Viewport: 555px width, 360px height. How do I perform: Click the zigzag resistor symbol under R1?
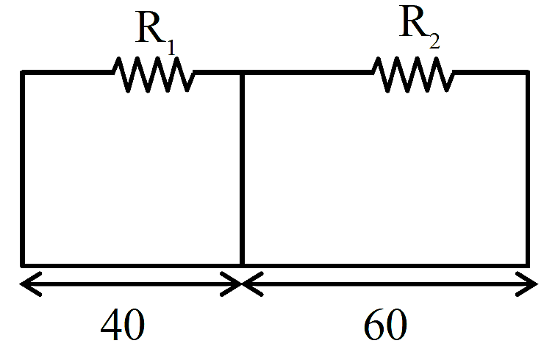coord(153,74)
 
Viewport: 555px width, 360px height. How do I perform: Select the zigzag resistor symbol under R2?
coord(413,74)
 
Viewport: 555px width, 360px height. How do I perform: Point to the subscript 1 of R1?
coord(171,47)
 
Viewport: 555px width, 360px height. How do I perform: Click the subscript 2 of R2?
coord(434,40)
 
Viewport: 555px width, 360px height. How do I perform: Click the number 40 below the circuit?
coord(123,324)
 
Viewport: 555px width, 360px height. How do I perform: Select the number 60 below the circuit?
coord(385,324)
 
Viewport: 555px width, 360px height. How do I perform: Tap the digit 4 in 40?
coord(111,324)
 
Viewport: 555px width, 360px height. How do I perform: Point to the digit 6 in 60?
coord(373,324)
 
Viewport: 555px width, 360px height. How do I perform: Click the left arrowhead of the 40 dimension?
coord(30,284)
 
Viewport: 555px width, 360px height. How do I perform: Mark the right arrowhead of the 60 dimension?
coord(527,284)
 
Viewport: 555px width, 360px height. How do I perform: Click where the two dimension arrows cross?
coord(242,284)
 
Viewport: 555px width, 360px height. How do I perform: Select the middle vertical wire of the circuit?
coord(242,169)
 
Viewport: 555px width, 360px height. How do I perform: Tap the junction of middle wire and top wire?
coord(242,73)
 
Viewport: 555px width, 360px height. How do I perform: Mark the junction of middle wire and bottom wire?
coord(242,265)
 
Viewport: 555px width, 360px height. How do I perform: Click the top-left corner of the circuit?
coord(23,73)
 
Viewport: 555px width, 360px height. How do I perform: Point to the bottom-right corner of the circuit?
coord(527,265)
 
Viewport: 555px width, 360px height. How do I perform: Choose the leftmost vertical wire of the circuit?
coord(23,169)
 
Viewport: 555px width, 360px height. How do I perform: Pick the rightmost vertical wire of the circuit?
coord(527,169)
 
